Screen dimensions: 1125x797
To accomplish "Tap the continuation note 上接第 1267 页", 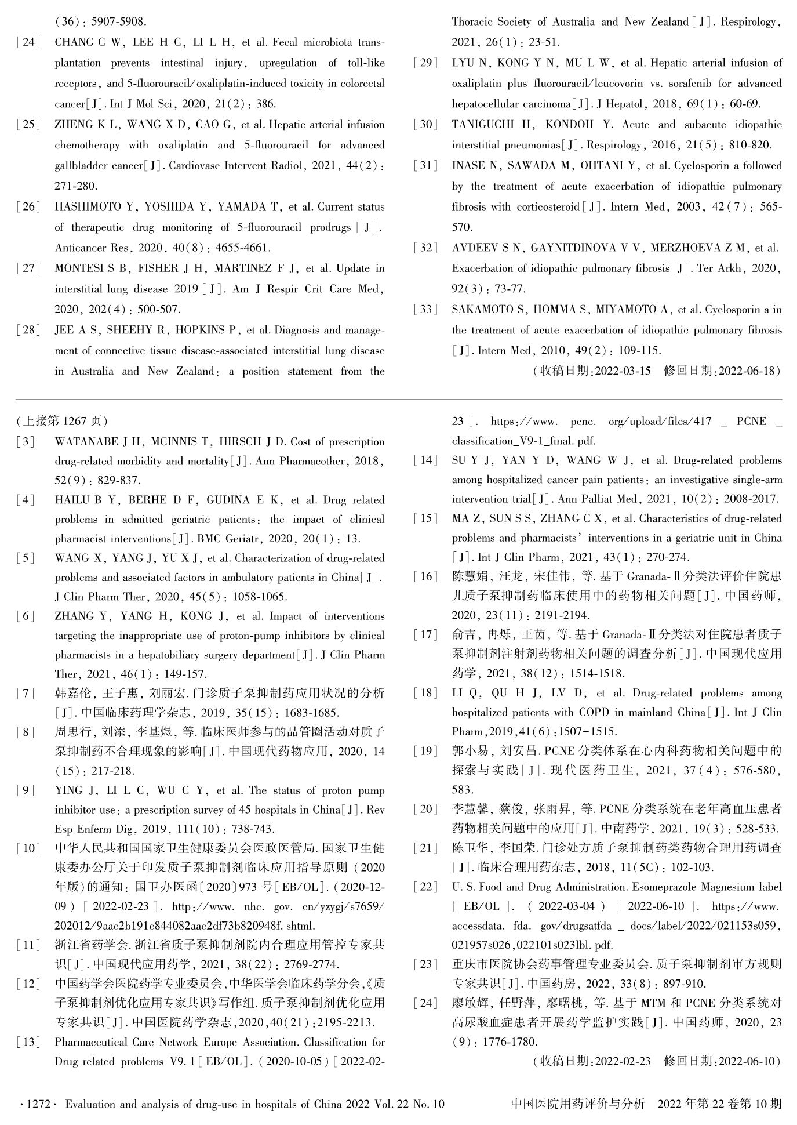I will (63, 420).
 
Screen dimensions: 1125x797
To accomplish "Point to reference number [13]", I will (28, 1041).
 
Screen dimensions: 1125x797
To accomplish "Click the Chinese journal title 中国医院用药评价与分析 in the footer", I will (577, 1104).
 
